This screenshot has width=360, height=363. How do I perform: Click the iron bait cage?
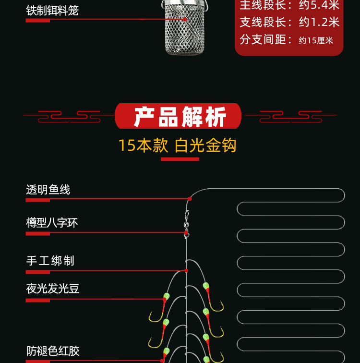point(185,28)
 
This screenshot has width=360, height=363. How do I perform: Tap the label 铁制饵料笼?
point(52,11)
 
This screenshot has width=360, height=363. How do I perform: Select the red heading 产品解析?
point(180,117)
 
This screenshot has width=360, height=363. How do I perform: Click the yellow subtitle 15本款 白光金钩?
point(178,145)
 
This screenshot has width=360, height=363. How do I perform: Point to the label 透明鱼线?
point(48,190)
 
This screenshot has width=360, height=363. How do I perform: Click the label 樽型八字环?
point(52,223)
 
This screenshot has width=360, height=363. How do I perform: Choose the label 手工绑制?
point(50,261)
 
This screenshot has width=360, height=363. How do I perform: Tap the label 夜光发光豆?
point(52,289)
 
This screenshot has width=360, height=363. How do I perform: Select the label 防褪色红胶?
point(53,351)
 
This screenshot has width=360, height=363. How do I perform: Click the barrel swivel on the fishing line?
point(186,224)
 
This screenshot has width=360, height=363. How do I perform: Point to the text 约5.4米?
point(319,5)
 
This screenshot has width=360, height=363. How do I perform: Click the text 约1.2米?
point(319,22)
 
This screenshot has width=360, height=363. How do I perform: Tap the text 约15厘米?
point(316,40)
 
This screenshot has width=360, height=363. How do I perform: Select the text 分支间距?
point(263,39)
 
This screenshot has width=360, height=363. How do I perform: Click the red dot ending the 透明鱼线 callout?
point(190,199)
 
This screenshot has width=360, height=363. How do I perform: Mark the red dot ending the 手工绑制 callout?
point(186,270)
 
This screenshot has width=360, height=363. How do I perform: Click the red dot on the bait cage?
point(185,19)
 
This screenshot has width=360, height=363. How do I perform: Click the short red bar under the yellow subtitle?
point(180,159)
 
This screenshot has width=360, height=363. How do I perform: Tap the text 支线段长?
point(263,22)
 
